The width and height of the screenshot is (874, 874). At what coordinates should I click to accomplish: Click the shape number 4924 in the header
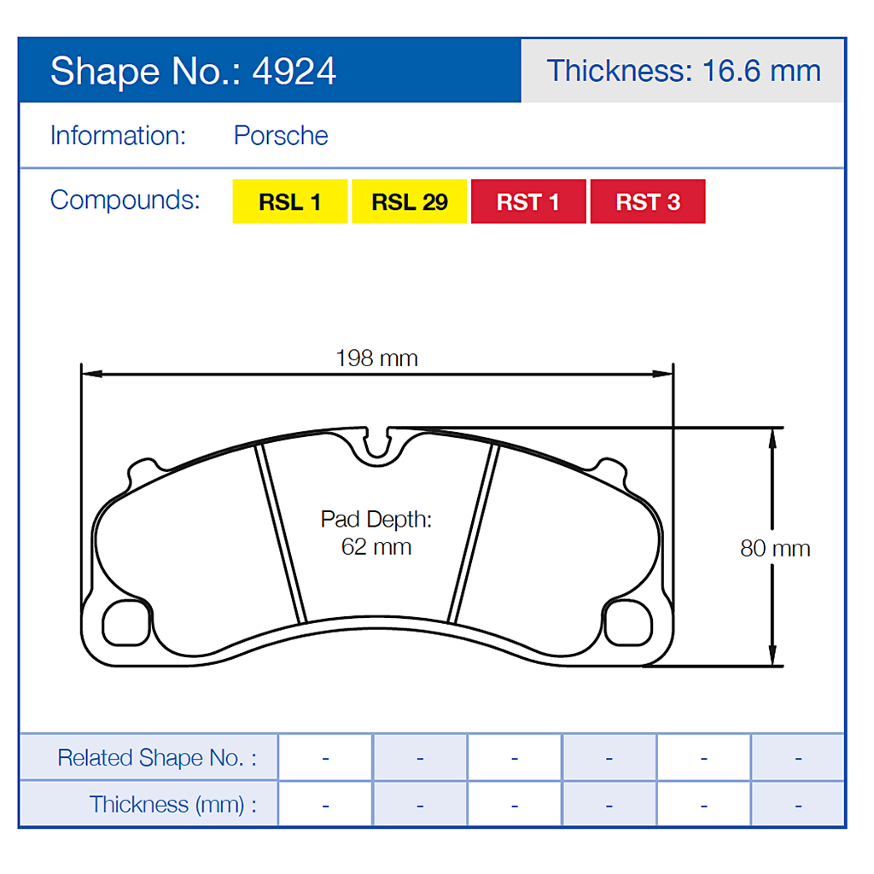coord(294,72)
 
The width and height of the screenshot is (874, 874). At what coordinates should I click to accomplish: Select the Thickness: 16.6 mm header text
coord(683,70)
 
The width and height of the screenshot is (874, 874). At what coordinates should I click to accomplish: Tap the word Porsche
coord(281,136)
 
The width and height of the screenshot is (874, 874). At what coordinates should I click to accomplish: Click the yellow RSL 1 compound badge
coord(289,202)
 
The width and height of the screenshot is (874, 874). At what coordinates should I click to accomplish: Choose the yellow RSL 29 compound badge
coord(409,202)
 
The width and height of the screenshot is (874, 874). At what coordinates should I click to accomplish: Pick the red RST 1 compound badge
coord(528,202)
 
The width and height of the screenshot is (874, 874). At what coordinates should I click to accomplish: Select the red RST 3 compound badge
coord(648,202)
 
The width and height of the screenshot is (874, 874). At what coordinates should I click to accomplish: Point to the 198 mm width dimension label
coord(376,358)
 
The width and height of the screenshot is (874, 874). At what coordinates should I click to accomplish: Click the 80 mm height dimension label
coord(775,548)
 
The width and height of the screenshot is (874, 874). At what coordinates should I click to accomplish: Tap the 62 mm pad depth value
coord(376,547)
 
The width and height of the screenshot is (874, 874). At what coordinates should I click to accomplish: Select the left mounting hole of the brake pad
coord(125,623)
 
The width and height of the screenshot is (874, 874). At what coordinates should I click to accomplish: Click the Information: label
coord(118,136)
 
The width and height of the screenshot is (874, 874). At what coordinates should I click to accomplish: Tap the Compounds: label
coord(125,200)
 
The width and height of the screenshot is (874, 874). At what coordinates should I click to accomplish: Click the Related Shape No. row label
coord(156,758)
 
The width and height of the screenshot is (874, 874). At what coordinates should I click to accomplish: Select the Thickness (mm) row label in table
coord(172,804)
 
